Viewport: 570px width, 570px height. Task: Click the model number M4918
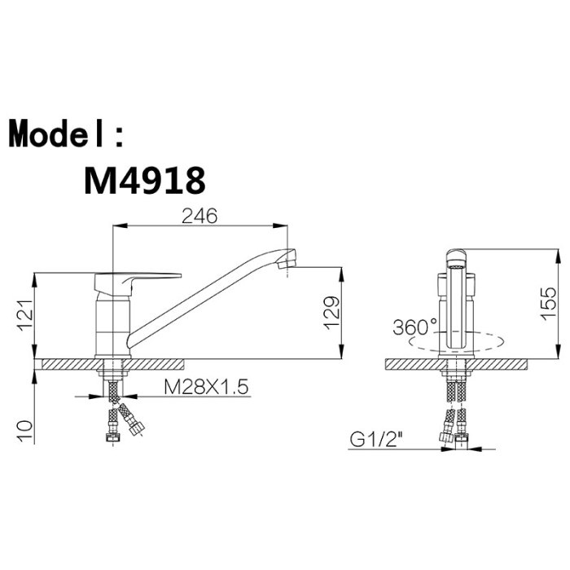[x=145, y=180]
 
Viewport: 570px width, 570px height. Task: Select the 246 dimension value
[x=199, y=216]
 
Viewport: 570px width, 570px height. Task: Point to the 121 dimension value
[x=26, y=315]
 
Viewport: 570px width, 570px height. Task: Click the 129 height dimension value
[x=331, y=313]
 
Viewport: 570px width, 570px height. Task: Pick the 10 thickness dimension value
[x=26, y=431]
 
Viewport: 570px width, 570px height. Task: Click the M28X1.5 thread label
[x=206, y=387]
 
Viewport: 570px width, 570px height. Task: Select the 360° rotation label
[x=414, y=327]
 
